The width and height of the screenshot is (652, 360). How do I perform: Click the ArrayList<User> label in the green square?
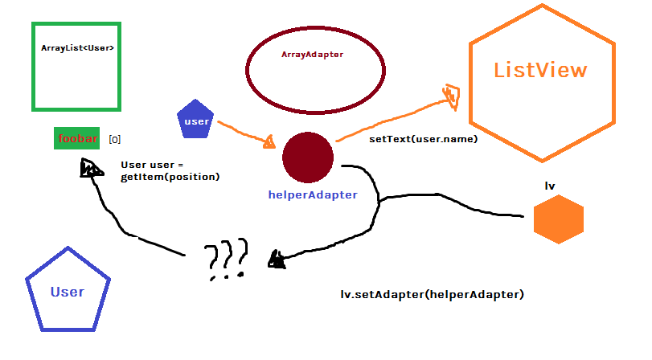pos(77,48)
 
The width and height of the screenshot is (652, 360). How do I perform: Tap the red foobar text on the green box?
pos(77,139)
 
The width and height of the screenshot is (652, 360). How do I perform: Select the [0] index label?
pos(114,139)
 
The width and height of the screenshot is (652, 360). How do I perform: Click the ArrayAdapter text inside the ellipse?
pos(312,55)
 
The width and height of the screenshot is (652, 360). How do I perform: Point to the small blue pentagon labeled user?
pos(196,121)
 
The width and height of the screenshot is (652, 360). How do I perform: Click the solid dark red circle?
pos(308,157)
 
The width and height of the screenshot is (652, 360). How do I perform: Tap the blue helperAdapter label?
pos(313,194)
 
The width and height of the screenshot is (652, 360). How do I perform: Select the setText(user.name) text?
pos(423,139)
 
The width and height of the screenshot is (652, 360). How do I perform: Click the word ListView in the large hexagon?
pos(540,70)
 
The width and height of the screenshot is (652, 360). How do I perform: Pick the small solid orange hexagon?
pos(558,219)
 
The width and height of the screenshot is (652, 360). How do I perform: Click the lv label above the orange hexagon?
pos(550,186)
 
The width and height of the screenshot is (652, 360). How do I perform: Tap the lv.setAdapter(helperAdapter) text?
pos(433,294)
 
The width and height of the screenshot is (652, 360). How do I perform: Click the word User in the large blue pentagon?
pos(67,292)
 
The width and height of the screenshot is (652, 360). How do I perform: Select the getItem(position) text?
pos(170,176)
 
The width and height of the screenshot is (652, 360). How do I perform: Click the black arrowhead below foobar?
pos(90,167)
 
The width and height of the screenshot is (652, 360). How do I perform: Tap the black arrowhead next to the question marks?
pos(277,259)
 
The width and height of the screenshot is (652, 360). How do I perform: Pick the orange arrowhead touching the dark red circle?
pos(269,141)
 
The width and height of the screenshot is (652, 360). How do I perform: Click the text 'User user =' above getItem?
pos(153,164)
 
